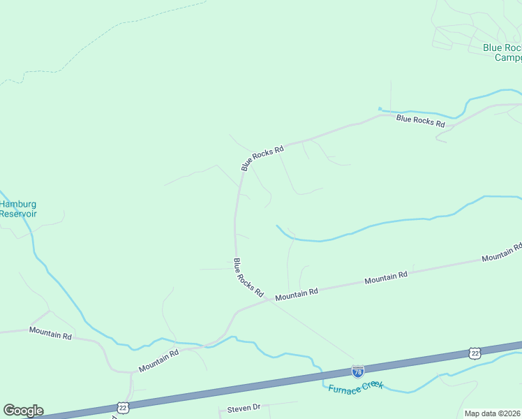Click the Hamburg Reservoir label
(18, 209)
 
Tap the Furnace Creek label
(355, 385)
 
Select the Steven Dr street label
(244, 407)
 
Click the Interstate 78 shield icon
(357, 372)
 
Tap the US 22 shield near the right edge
(475, 353)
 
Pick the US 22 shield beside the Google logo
(123, 407)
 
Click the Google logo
(23, 411)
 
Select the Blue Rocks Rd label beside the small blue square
(420, 121)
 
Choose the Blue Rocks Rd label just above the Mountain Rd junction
(248, 277)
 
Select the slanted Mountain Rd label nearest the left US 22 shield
(158, 360)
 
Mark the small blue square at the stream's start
(380, 108)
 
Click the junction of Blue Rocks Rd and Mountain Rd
(268, 301)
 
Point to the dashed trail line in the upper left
(105, 35)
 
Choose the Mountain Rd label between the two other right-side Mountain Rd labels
(386, 278)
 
